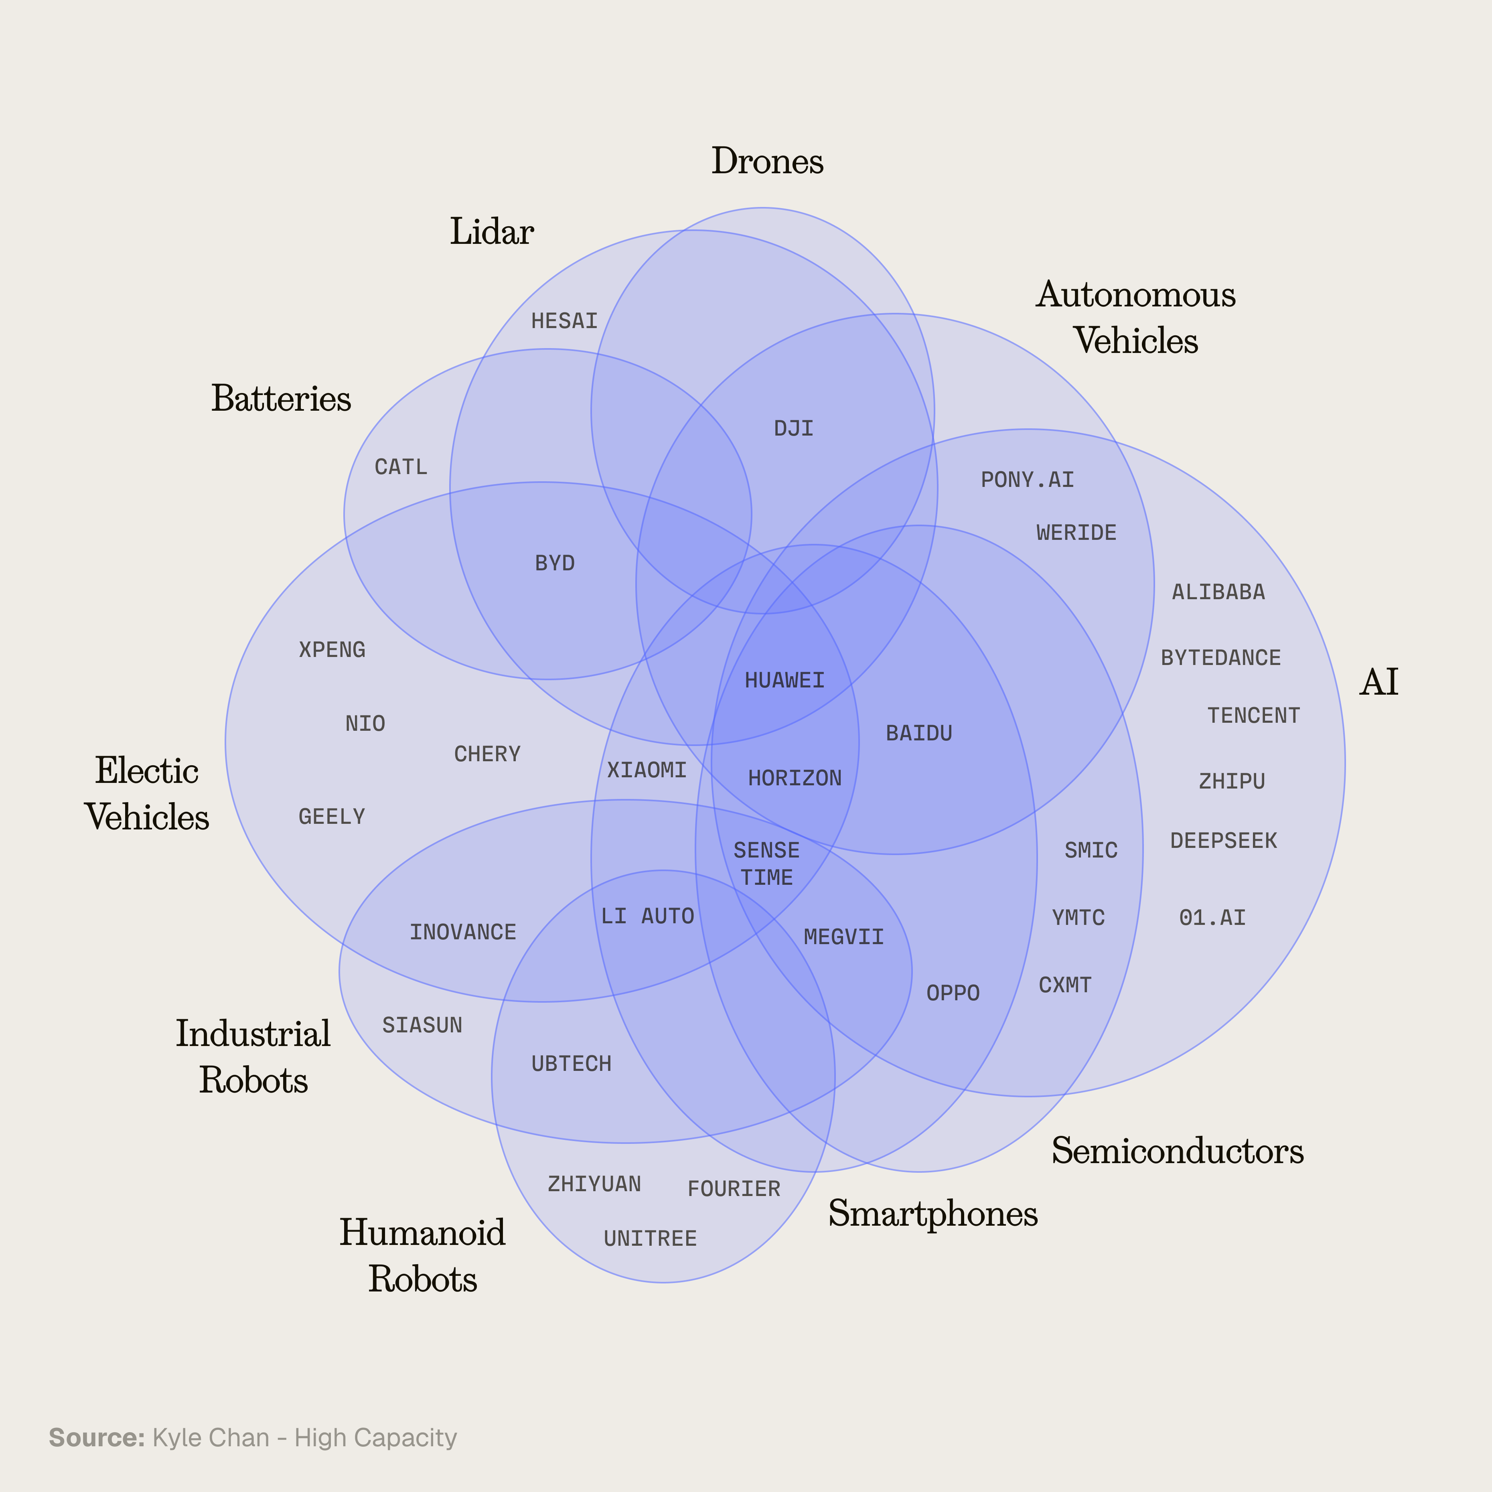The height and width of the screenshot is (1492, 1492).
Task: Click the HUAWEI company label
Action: click(x=785, y=680)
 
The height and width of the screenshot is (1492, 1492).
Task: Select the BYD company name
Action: click(x=554, y=563)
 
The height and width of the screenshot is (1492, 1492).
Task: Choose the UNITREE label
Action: click(x=650, y=1239)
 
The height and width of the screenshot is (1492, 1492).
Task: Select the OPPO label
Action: click(x=953, y=993)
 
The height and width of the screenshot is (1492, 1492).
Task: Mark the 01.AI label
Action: click(x=1212, y=918)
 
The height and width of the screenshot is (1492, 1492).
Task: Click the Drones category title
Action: click(x=767, y=161)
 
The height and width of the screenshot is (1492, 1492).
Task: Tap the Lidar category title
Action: click(x=492, y=232)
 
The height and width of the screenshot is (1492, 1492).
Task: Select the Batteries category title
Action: click(x=281, y=399)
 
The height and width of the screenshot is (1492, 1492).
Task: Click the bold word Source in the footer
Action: click(x=97, y=1438)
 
